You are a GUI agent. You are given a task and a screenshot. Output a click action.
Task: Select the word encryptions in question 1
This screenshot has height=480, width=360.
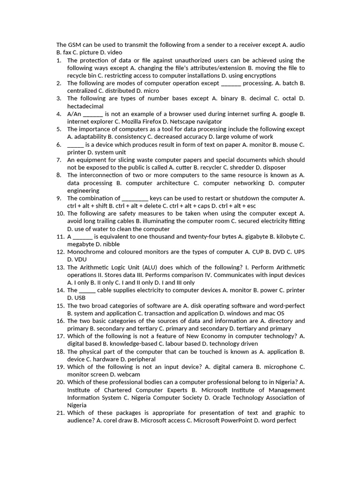click(x=260, y=75)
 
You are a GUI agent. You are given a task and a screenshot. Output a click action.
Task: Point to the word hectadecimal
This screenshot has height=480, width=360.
click(x=86, y=106)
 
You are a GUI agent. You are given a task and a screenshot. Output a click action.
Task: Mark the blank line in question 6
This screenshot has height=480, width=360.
click(x=75, y=144)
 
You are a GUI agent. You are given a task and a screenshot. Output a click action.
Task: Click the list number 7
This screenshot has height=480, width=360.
click(x=59, y=160)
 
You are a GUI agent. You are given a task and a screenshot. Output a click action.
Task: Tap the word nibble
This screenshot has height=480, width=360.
click(x=110, y=244)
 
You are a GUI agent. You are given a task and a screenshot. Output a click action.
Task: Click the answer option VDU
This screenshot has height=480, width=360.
click(x=80, y=259)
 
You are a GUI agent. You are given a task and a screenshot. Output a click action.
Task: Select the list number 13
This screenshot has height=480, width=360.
click(x=60, y=267)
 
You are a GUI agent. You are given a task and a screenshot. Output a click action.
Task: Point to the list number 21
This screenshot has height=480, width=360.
click(x=60, y=413)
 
